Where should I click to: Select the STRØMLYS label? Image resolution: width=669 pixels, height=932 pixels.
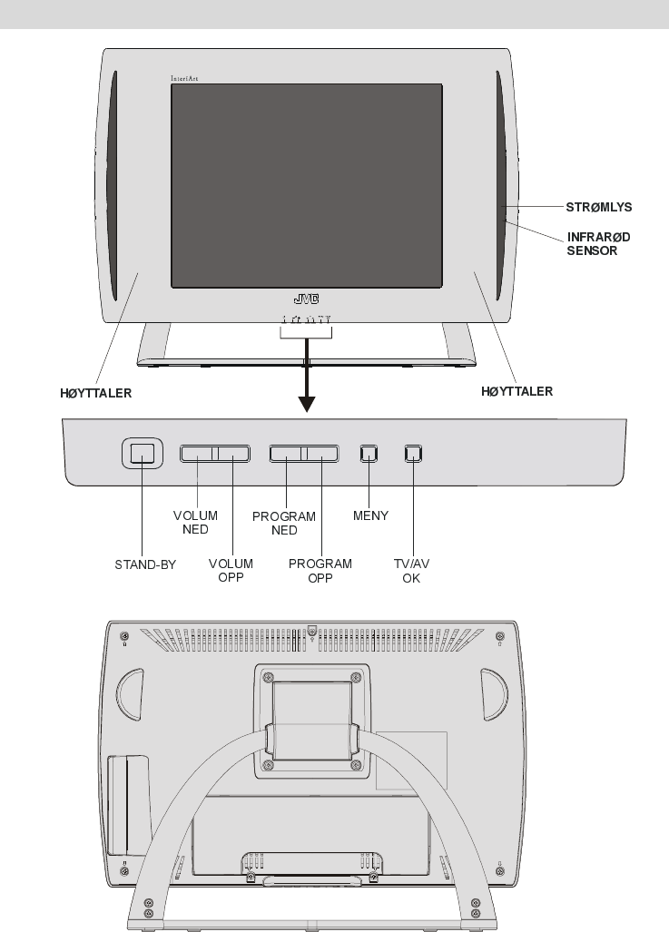point(599,207)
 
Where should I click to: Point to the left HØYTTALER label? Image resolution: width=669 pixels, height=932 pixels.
point(89,393)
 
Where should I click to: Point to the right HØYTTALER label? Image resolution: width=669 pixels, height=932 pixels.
point(516,392)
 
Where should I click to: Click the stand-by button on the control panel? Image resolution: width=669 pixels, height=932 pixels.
point(142,453)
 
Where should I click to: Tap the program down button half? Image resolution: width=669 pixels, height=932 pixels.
point(286,453)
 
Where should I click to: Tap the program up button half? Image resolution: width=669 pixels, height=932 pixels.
point(320,453)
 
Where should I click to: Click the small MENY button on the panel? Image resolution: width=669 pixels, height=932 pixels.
point(368,453)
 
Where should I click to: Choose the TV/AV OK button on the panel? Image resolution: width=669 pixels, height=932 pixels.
point(413,453)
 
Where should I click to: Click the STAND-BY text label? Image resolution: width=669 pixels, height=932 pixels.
point(145,564)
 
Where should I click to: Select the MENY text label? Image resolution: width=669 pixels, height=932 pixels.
point(369,515)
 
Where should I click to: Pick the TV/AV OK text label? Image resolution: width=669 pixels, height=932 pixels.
point(411,570)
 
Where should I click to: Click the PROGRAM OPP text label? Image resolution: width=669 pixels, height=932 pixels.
point(320,570)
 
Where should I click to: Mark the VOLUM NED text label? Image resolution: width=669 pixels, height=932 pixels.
point(195,522)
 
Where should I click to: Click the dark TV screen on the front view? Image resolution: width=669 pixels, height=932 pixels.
point(307,185)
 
